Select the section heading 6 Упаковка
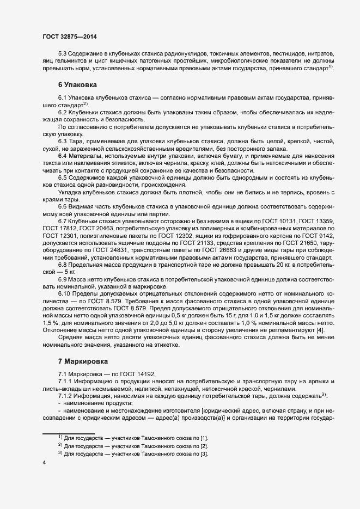[77, 85]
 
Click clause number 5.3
[63, 55]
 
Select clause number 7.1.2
[66, 395]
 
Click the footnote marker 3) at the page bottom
[60, 453]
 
